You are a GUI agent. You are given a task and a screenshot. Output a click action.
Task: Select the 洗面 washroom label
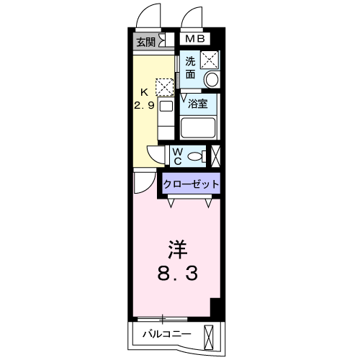(190, 67)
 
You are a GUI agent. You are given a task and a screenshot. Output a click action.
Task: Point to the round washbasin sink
(212, 78)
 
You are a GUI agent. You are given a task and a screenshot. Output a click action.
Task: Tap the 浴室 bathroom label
(198, 104)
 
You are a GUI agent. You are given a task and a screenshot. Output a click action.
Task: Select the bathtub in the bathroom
(199, 128)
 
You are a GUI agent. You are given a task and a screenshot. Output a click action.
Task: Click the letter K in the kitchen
(143, 92)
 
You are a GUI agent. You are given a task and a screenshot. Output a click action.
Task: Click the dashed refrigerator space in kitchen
(166, 87)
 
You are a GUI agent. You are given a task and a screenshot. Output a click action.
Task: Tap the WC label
(177, 155)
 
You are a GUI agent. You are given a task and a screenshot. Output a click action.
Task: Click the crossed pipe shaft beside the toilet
(216, 155)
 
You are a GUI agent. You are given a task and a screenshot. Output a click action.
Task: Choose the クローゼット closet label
(191, 184)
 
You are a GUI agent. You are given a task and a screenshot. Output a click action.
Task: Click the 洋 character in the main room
(177, 251)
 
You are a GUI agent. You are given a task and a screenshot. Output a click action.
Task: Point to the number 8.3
(177, 274)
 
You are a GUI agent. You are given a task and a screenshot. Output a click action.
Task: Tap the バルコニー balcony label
(166, 334)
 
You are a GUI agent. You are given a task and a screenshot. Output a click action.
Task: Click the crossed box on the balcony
(210, 336)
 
